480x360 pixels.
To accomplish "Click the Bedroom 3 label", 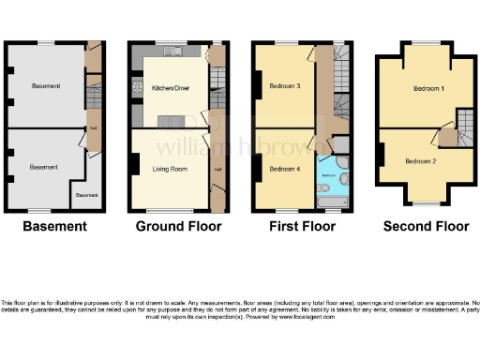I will click(284, 86).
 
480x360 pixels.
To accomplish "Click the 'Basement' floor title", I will click(54, 226).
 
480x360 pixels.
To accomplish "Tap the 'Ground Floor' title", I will click(178, 226).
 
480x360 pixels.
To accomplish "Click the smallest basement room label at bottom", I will click(86, 195).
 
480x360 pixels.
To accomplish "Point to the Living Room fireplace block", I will click(135, 166).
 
